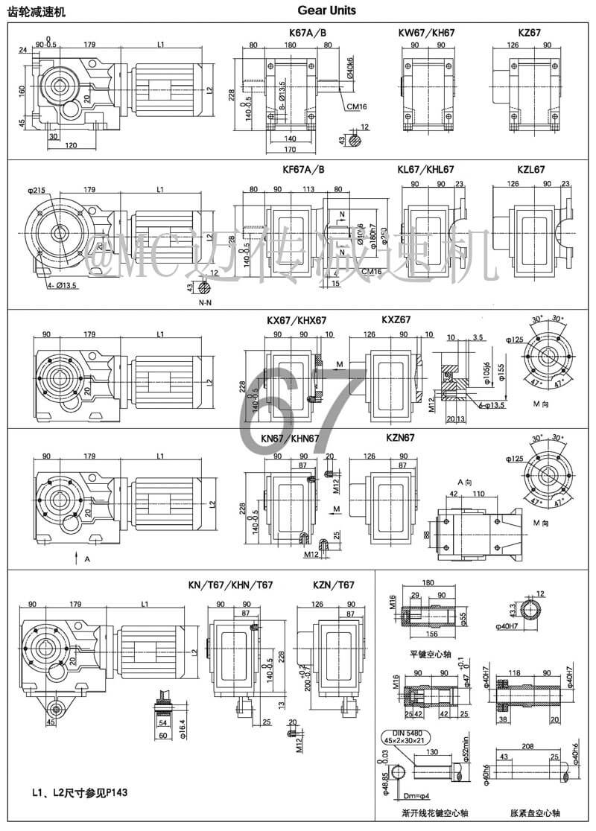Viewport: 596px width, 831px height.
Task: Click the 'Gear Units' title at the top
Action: pyautogui.click(x=326, y=10)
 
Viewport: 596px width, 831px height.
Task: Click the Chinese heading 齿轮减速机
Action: pyautogui.click(x=36, y=11)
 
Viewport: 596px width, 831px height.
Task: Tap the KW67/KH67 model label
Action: pyautogui.click(x=426, y=34)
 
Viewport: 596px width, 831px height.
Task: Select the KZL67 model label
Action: pyautogui.click(x=528, y=170)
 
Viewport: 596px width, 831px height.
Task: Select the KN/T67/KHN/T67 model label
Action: pyautogui.click(x=230, y=585)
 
